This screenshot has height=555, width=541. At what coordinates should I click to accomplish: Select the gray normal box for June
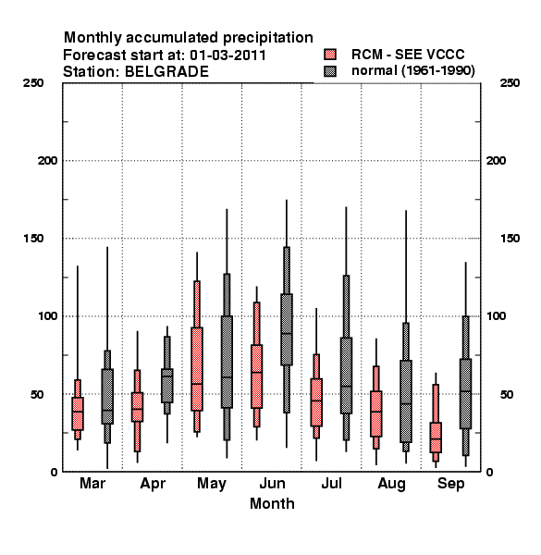[287, 329]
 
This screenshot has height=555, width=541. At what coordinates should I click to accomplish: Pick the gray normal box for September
[466, 394]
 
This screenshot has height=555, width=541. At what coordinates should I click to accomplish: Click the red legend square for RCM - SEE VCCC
[330, 55]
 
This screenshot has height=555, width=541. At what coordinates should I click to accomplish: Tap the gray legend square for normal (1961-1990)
[330, 71]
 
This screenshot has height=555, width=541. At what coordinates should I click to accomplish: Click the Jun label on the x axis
[272, 483]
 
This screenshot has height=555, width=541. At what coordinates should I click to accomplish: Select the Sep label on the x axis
[450, 484]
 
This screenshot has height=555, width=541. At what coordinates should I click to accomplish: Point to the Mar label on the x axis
[92, 483]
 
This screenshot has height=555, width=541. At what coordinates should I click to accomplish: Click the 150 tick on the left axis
[33, 239]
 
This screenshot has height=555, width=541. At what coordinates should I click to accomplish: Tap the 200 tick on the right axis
[496, 161]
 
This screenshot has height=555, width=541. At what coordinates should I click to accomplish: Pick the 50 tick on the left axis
[37, 394]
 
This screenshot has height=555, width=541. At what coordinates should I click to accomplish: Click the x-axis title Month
[272, 503]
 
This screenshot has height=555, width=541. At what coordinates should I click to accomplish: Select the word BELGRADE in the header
[167, 72]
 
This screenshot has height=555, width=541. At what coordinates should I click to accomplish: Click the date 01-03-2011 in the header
[227, 55]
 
